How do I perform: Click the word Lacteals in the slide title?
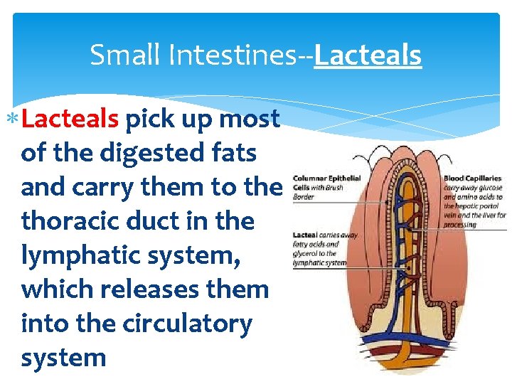click(368, 55)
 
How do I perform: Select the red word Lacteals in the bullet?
click(70, 119)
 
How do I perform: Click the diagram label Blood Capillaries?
click(473, 178)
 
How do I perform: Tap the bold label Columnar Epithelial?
click(326, 178)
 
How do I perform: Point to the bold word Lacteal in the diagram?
click(305, 235)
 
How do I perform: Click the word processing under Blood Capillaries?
click(460, 224)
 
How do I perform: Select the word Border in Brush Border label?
click(304, 196)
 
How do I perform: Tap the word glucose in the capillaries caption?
click(491, 187)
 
